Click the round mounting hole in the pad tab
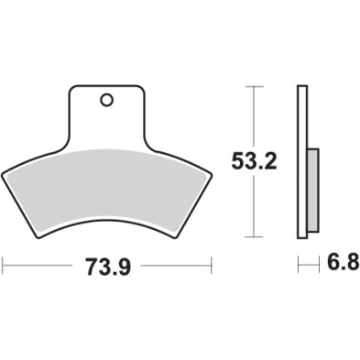(106, 100)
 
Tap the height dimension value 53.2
(253, 162)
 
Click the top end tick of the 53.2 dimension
(254, 86)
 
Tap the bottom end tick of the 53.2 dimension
(254, 236)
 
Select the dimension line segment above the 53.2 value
(254, 115)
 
